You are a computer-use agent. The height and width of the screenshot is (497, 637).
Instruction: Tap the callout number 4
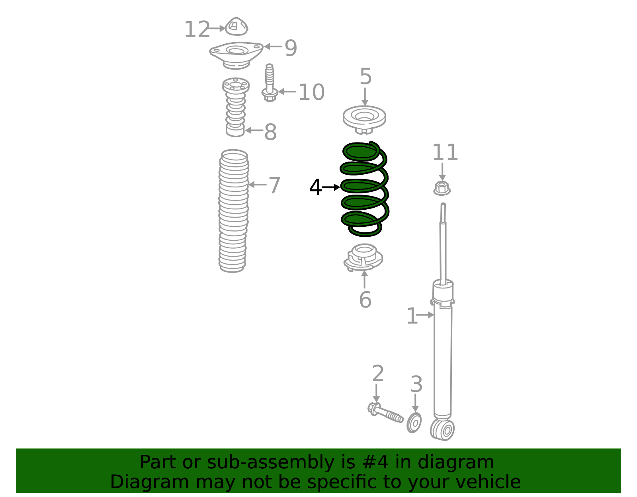point(315,187)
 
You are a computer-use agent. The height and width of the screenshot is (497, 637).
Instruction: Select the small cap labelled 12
point(236,27)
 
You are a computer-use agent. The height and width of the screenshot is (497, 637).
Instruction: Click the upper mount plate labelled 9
point(236,54)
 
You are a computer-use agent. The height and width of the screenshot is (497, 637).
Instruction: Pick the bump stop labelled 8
point(236,107)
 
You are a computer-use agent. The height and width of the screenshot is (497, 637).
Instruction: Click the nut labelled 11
point(442,188)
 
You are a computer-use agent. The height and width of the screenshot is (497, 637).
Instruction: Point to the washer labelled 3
point(414,423)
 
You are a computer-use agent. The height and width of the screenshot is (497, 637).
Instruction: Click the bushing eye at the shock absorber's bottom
point(443,430)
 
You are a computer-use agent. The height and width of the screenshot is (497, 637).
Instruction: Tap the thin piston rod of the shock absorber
point(443,247)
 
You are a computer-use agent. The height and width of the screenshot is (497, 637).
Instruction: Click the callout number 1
point(412,316)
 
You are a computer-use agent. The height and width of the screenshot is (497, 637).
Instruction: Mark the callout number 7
point(274,185)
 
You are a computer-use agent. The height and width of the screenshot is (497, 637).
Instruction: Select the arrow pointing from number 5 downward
point(365,97)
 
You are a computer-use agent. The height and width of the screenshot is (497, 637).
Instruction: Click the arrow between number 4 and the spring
point(331,187)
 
